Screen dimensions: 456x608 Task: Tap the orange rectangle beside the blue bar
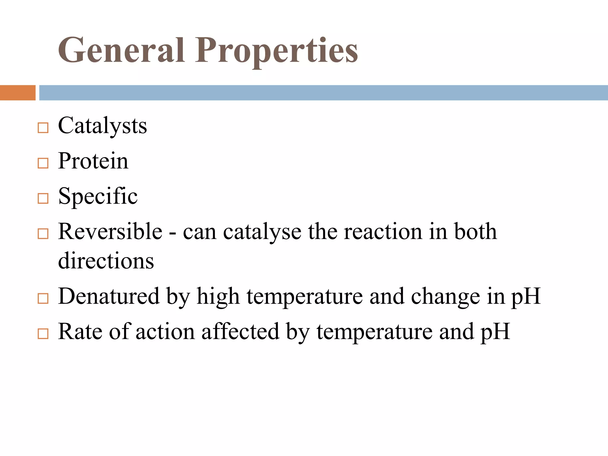click(x=18, y=93)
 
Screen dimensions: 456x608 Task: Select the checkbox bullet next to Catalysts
click(x=43, y=128)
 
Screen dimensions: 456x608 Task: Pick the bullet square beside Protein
click(x=43, y=163)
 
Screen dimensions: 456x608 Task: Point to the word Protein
click(x=93, y=161)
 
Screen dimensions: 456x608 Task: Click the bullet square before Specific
click(x=43, y=199)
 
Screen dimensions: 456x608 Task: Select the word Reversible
click(x=110, y=232)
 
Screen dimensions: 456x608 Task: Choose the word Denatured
click(x=109, y=296)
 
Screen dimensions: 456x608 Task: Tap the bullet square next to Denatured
click(x=43, y=298)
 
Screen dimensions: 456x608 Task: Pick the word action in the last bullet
click(x=165, y=332)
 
